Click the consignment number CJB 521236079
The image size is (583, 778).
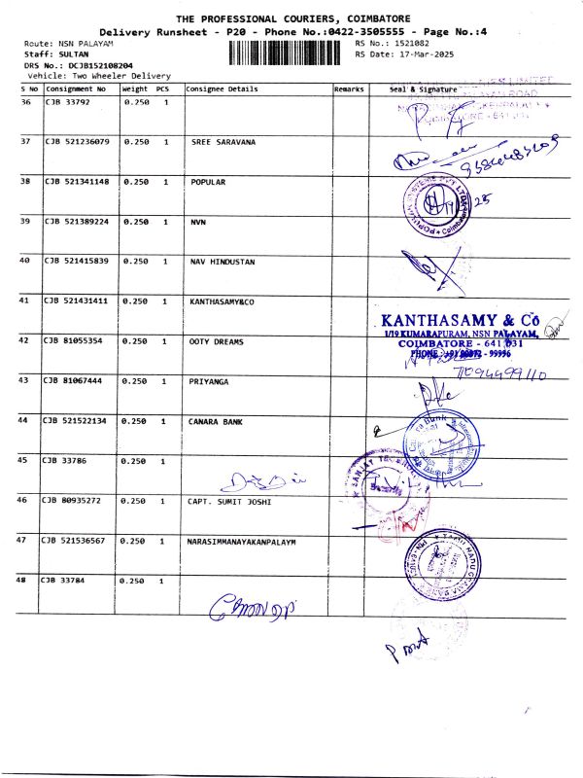click(78, 142)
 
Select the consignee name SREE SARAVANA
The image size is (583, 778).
click(223, 142)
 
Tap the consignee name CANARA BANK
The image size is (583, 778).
click(217, 421)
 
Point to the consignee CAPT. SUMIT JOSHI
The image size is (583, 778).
click(229, 501)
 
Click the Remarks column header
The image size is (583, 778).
click(348, 89)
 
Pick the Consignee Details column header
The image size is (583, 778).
click(222, 89)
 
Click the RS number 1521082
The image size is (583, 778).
click(406, 44)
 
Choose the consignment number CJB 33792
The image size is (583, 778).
click(68, 102)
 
